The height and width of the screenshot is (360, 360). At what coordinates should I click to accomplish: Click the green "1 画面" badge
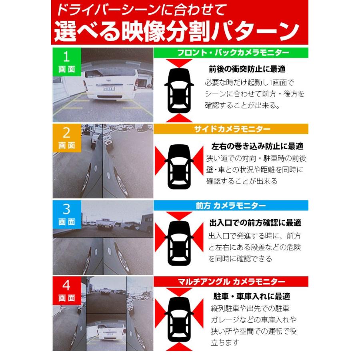[x=67, y=62]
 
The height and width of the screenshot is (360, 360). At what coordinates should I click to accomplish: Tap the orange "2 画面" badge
[x=67, y=138]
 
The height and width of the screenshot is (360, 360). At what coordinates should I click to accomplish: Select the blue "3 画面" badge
[x=67, y=214]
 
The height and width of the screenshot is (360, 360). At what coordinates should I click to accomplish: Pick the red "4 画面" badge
[x=67, y=291]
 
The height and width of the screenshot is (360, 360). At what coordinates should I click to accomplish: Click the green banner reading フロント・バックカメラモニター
[x=231, y=53]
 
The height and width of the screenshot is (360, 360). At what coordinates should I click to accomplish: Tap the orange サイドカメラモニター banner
[x=231, y=129]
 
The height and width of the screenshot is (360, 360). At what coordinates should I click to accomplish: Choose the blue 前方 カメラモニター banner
[x=231, y=205]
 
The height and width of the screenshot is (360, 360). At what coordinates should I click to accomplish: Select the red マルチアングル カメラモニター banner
[x=231, y=282]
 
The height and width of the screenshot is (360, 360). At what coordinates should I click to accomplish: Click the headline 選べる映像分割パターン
[x=176, y=31]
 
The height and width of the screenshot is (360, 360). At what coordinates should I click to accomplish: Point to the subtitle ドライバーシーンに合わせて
[x=141, y=10]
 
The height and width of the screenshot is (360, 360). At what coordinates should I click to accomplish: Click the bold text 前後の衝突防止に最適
[x=247, y=69]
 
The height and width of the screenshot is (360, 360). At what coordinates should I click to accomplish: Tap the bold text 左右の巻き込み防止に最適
[x=257, y=146]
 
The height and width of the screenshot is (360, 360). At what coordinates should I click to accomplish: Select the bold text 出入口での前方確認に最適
[x=255, y=223]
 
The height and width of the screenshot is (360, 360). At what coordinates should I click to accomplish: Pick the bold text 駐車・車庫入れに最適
[x=252, y=296]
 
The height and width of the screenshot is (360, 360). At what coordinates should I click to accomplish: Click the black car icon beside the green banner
[x=179, y=90]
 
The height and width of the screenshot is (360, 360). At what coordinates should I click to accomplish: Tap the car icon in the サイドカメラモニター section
[x=179, y=167]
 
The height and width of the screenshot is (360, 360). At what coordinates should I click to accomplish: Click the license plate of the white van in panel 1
[x=109, y=88]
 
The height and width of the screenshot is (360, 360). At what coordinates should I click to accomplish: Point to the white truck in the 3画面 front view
[x=105, y=224]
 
